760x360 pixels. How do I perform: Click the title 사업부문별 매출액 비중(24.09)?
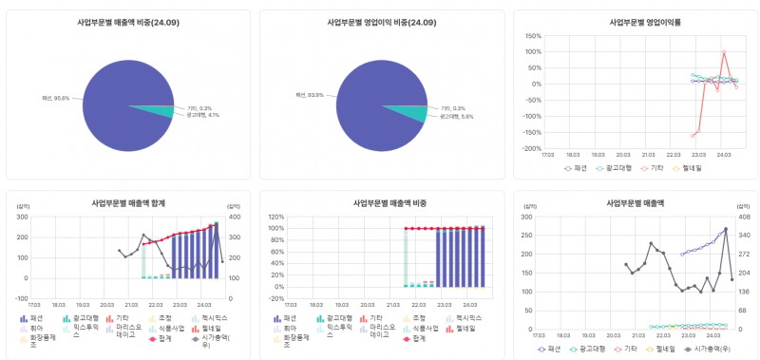coord(126,21)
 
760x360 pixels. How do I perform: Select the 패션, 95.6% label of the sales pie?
coord(53,98)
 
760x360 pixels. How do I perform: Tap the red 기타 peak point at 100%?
coord(724,52)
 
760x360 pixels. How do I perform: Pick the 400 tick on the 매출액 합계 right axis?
coord(233,217)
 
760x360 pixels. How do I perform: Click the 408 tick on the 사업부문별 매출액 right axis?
coord(745,217)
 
